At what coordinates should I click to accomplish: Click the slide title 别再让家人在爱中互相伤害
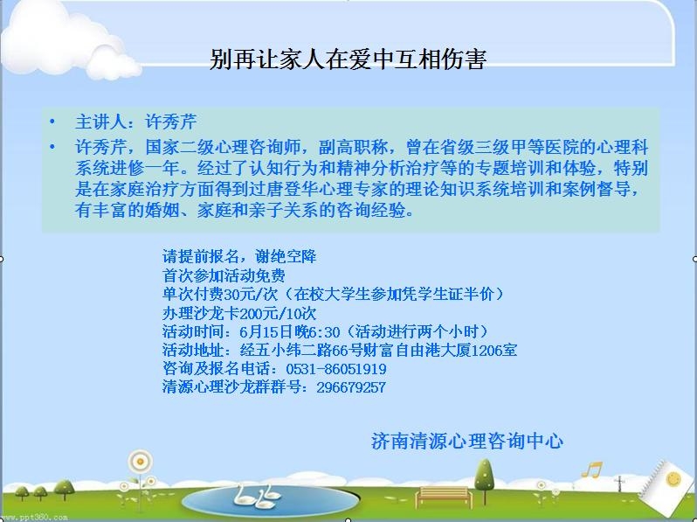pyautogui.click(x=348, y=59)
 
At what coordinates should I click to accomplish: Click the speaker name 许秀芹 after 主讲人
pyautogui.click(x=170, y=122)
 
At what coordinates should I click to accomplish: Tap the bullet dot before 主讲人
pyautogui.click(x=53, y=122)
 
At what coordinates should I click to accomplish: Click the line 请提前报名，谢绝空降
pyautogui.click(x=239, y=256)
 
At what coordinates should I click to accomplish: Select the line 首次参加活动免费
pyautogui.click(x=224, y=275)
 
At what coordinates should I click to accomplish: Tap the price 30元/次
pyautogui.click(x=251, y=294)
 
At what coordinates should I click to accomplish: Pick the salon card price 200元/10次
pyautogui.click(x=278, y=313)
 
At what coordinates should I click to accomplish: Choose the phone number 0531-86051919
pyautogui.click(x=336, y=369)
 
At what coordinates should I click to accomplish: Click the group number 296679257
pyautogui.click(x=351, y=387)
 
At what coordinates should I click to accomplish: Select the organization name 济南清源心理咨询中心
pyautogui.click(x=467, y=441)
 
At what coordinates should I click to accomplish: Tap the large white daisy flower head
pyautogui.click(x=141, y=462)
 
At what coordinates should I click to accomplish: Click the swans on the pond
pyautogui.click(x=257, y=497)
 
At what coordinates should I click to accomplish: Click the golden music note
pyautogui.click(x=591, y=469)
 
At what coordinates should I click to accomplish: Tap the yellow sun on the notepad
pyautogui.click(x=674, y=479)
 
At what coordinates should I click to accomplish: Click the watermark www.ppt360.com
pyautogui.click(x=34, y=518)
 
